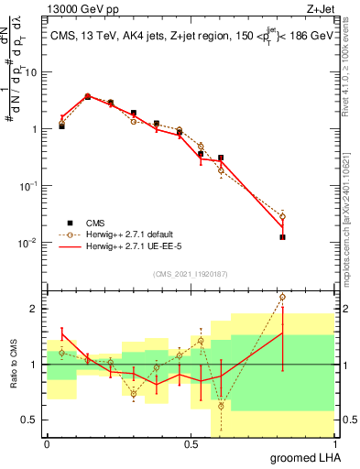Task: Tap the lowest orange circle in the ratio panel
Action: point(221,406)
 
